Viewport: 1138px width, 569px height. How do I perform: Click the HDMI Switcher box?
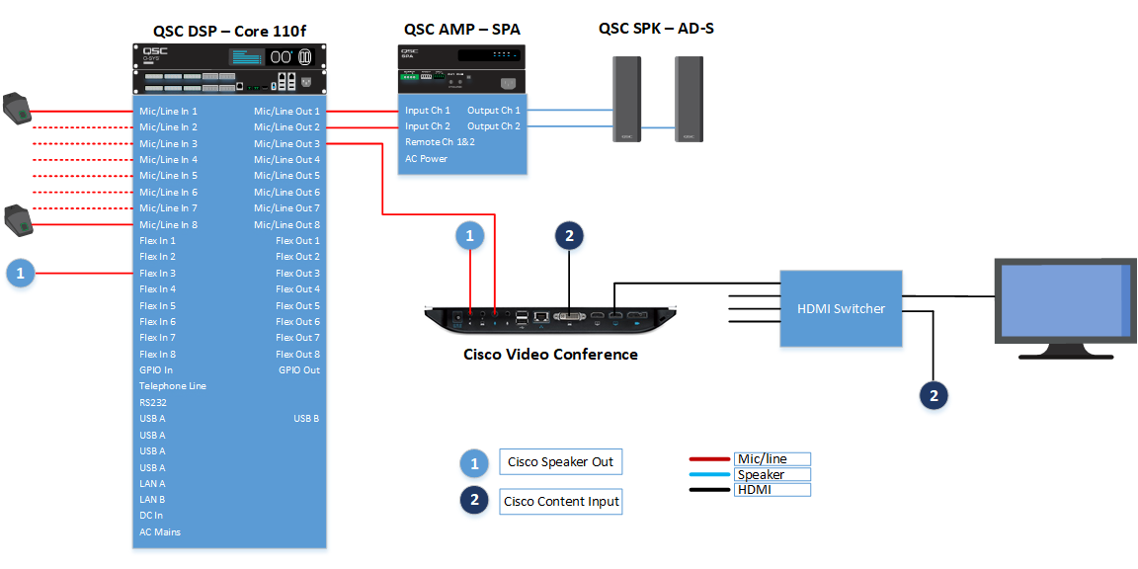(x=842, y=308)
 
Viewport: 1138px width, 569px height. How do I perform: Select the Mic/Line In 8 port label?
(x=168, y=225)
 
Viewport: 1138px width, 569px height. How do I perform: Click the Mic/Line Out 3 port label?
(x=286, y=144)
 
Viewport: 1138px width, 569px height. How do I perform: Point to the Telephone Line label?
(x=173, y=386)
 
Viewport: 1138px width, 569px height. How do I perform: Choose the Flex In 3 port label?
(x=158, y=274)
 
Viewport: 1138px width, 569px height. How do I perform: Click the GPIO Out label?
(x=299, y=370)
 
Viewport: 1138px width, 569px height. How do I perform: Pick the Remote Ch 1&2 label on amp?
(x=440, y=142)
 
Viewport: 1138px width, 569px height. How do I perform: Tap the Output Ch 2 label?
(x=494, y=126)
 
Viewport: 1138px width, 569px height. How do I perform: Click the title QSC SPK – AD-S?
(x=656, y=29)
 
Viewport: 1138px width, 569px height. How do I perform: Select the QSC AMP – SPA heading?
(x=461, y=29)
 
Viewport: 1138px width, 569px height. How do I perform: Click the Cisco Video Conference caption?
(x=550, y=355)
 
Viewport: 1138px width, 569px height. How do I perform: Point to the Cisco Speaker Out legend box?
(x=561, y=462)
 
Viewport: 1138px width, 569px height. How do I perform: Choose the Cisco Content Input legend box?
(x=561, y=502)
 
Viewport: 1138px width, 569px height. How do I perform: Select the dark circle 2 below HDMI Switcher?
(x=934, y=395)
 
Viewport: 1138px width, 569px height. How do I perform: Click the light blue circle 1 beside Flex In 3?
(x=21, y=274)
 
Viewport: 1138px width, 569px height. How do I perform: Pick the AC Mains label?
(x=160, y=532)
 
